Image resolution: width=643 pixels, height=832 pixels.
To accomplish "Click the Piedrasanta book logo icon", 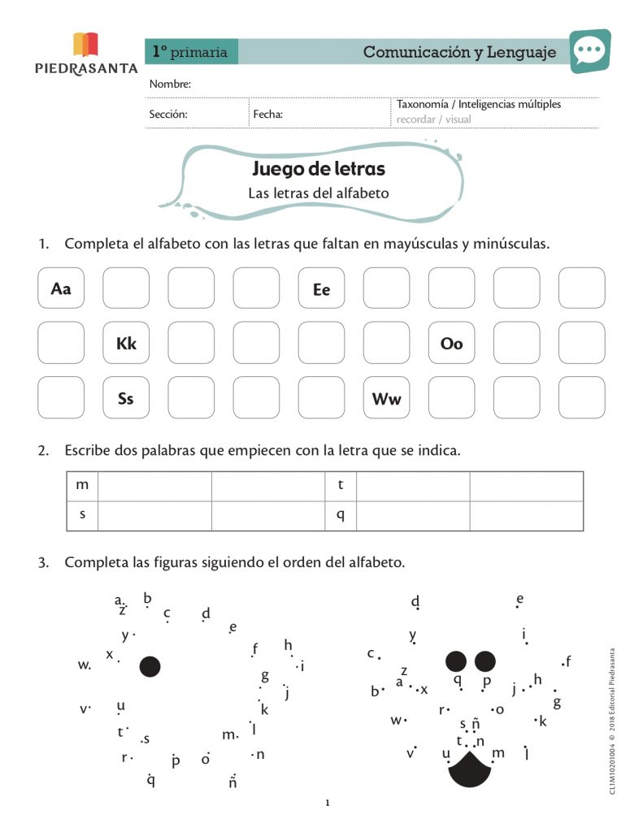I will (85, 45).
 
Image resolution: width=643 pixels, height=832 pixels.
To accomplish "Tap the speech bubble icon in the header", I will (589, 51).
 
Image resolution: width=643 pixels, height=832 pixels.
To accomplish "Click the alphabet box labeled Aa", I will (61, 288).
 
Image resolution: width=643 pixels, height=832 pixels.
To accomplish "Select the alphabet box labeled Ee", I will (321, 288).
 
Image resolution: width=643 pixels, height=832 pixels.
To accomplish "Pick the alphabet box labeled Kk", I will (126, 343).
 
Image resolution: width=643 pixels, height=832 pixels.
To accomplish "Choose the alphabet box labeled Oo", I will (451, 343).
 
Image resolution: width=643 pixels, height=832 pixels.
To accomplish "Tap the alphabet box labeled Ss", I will (126, 398).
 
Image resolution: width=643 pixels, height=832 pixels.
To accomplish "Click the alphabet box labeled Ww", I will (386, 398).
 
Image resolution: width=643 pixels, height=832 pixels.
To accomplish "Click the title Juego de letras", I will (318, 169).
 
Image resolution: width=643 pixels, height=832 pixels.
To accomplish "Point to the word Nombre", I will (170, 84).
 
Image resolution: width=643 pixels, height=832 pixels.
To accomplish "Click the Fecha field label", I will (267, 115).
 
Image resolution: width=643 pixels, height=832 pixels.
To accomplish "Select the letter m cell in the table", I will (82, 486).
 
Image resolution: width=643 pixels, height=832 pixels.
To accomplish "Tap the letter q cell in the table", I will (341, 516).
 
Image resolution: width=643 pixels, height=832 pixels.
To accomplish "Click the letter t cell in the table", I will (341, 486).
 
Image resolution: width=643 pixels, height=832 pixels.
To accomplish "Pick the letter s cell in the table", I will (82, 516).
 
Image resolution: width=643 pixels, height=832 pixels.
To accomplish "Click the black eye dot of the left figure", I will (150, 666).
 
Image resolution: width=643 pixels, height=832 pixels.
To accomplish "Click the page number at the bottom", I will (327, 804).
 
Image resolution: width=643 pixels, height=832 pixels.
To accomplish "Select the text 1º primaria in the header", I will (190, 52).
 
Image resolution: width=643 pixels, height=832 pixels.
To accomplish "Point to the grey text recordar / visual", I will (433, 119).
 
